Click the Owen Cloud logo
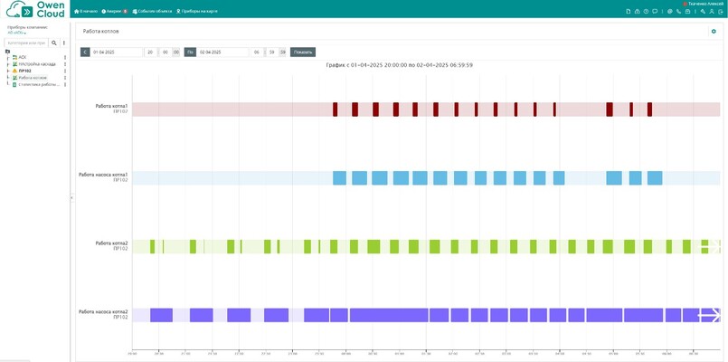(x=35, y=10)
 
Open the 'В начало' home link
(x=86, y=11)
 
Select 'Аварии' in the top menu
(x=114, y=11)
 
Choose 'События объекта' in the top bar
(x=152, y=11)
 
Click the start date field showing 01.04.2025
(x=117, y=52)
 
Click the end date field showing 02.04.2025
(x=222, y=52)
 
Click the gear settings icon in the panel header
(x=714, y=31)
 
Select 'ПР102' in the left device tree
(x=24, y=71)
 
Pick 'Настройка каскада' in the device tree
(x=37, y=64)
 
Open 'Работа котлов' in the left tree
(x=33, y=78)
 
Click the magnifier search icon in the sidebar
(x=53, y=43)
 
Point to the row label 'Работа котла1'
(x=111, y=106)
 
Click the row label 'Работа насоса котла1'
(x=103, y=175)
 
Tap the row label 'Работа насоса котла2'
(x=103, y=312)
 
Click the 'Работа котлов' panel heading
(x=100, y=31)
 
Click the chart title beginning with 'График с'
(x=399, y=65)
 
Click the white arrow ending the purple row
(x=710, y=315)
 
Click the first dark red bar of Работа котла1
(x=335, y=110)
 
